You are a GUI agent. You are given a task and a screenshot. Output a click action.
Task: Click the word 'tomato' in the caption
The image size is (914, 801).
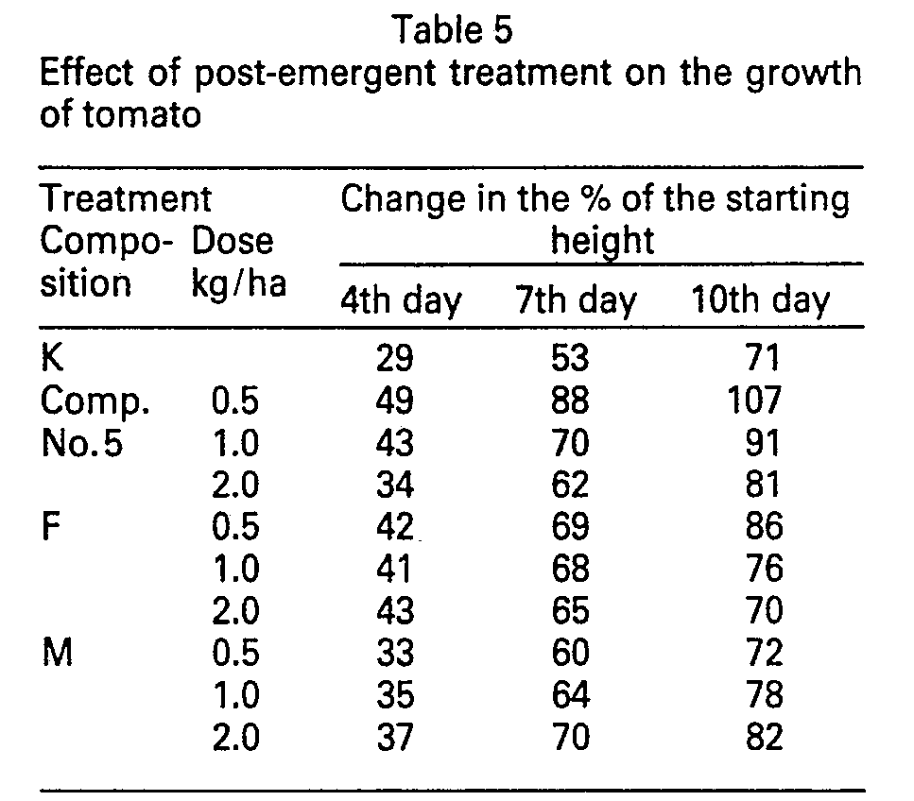(x=142, y=114)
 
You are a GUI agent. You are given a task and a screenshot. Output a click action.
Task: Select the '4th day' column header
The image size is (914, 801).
(x=401, y=300)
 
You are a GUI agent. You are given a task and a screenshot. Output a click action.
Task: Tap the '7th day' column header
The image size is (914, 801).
(x=576, y=300)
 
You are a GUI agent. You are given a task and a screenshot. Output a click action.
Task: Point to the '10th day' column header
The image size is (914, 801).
(x=760, y=300)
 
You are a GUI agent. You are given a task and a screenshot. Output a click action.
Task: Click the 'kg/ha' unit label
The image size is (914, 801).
(x=239, y=285)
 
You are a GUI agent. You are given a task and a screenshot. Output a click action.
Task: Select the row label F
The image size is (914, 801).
(x=50, y=525)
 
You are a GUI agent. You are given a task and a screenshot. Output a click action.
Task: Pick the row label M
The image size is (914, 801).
(x=57, y=652)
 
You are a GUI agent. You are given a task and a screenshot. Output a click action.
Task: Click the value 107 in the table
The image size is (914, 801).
(x=754, y=400)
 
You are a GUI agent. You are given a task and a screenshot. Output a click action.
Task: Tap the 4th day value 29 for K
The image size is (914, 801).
(x=395, y=358)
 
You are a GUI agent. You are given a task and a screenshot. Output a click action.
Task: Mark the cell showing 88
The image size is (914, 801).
(x=570, y=400)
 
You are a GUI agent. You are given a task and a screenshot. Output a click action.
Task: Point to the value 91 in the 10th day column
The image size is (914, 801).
(x=763, y=443)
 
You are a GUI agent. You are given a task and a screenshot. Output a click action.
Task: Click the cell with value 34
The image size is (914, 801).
(x=395, y=485)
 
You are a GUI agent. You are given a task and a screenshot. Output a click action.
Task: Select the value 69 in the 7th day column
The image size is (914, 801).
(x=570, y=526)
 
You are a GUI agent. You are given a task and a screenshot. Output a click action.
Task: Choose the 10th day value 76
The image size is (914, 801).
(x=764, y=568)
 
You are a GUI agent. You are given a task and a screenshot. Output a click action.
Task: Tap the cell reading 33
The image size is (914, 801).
(x=395, y=653)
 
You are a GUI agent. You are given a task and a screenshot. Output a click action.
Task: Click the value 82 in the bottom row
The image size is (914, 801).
(x=764, y=737)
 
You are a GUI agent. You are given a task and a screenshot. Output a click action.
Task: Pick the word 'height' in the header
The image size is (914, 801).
(x=603, y=242)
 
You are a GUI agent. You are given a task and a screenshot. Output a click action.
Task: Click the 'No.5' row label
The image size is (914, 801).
(x=82, y=443)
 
